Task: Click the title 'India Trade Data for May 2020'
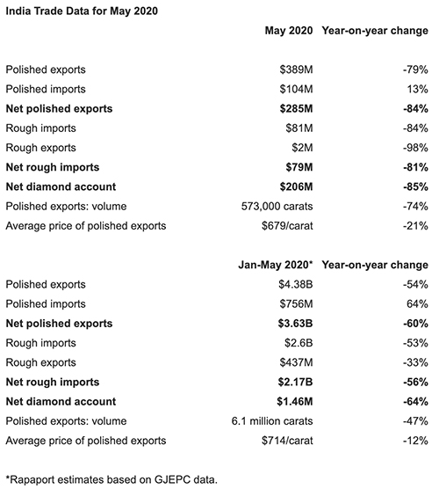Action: (82, 11)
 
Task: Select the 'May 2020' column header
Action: (289, 31)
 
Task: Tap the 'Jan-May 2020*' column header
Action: (275, 265)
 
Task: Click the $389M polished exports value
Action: (296, 69)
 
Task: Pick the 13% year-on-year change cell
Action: (417, 89)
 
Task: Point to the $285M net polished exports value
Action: (296, 108)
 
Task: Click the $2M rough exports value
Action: (302, 148)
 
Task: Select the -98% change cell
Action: (415, 148)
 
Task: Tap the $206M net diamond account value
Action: (296, 186)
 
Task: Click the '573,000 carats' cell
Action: (277, 206)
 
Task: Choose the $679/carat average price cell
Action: (287, 226)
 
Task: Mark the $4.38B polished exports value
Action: (296, 284)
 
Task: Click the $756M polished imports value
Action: (296, 303)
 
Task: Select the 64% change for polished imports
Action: (417, 303)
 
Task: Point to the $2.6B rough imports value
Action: (299, 343)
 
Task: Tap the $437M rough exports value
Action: (296, 362)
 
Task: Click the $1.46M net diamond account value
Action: (294, 401)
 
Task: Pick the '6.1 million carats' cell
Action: (272, 421)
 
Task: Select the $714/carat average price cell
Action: (287, 441)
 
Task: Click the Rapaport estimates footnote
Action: (112, 479)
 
